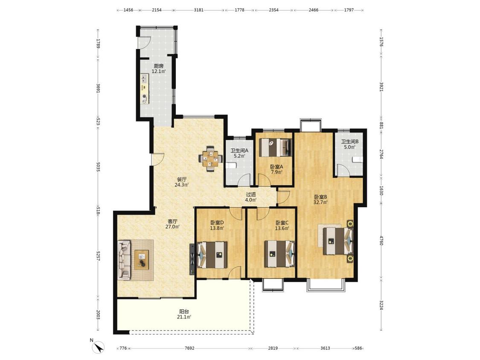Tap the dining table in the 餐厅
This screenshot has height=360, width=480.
coord(211,158)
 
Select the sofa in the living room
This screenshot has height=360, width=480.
coord(124,260)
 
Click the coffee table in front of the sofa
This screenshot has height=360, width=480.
coord(142,260)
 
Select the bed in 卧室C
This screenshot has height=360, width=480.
coord(279,254)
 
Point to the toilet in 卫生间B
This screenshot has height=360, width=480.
coord(357,160)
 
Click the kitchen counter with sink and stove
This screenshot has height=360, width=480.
coord(145,90)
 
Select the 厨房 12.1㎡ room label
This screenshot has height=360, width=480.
coord(159,69)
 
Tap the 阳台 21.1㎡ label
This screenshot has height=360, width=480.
coord(183,314)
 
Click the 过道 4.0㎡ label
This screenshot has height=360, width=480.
coord(251,197)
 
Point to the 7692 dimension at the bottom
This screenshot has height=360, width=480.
coord(189,348)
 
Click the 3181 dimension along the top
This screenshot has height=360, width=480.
coord(199,10)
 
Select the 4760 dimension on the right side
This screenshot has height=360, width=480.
coord(381,240)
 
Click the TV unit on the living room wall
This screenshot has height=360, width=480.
coord(192,259)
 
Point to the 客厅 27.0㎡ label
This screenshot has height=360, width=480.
coord(173,224)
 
